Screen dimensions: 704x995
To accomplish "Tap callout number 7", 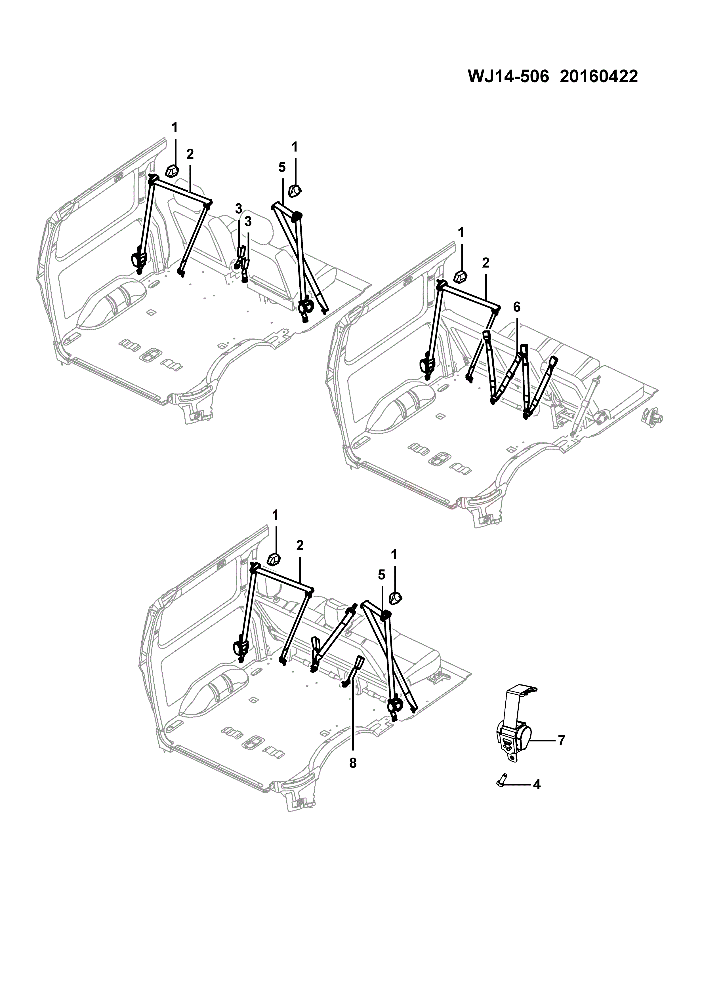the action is (x=561, y=741).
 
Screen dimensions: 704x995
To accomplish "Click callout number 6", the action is (x=516, y=307).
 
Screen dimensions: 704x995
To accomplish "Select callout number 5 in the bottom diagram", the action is (x=381, y=575).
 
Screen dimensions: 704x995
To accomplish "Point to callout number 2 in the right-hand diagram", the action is (x=486, y=263).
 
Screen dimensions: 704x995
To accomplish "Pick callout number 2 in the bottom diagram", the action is (x=300, y=546).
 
